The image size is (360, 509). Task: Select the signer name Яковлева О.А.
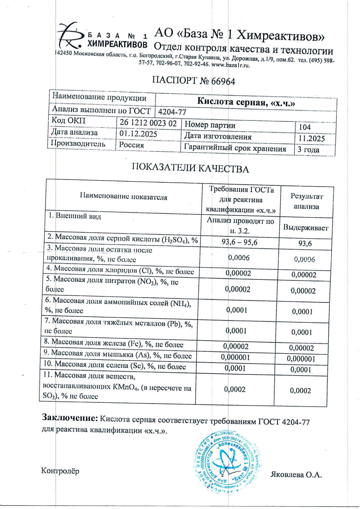click(x=296, y=475)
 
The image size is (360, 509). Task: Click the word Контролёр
click(x=60, y=471)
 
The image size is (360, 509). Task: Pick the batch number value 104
click(x=305, y=127)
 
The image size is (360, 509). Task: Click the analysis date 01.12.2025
click(x=138, y=134)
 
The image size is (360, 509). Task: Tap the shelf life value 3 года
click(x=309, y=150)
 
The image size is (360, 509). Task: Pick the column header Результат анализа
click(x=306, y=201)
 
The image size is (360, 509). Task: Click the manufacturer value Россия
click(x=132, y=145)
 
